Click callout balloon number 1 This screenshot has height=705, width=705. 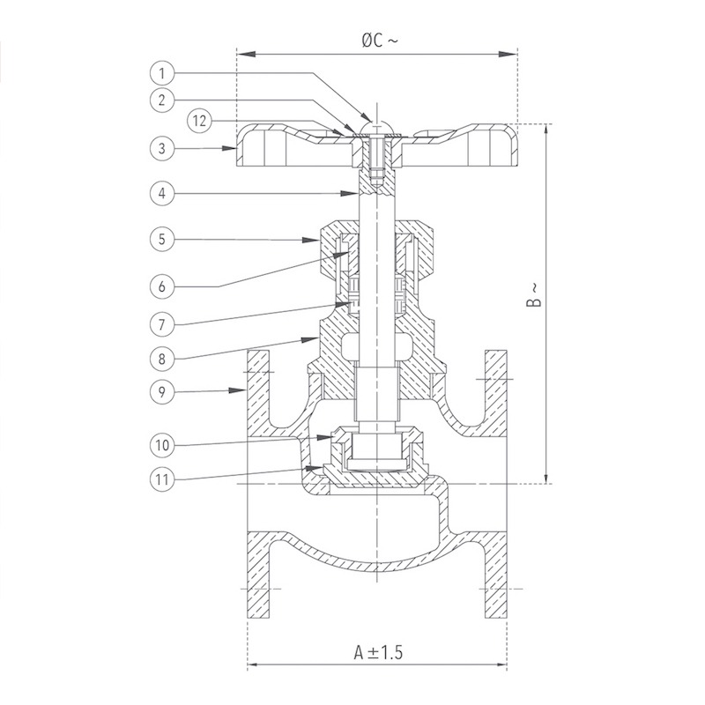point(162,73)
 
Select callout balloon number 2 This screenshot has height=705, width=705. point(162,100)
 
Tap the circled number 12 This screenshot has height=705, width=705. point(200,121)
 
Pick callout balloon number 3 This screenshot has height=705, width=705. point(162,148)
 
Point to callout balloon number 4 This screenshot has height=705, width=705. point(162,193)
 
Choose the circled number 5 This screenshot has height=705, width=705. point(162,239)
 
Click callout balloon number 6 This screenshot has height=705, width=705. point(162,286)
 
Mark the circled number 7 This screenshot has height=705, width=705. point(162,324)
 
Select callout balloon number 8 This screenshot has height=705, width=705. point(162,359)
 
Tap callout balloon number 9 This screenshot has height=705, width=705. point(162,392)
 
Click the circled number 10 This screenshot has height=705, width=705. point(162,445)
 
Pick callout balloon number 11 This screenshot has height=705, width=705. point(162,479)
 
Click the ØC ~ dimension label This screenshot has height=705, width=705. point(380,41)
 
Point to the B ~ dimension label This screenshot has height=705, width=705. point(534,295)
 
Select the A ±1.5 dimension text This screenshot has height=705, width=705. point(378,652)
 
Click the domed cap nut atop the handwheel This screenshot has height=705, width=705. point(377,127)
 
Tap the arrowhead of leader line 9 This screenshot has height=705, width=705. point(237,390)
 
